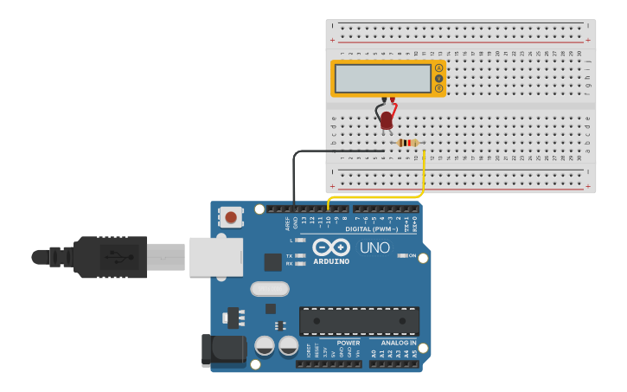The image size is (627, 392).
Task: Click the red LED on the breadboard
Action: tap(387, 119)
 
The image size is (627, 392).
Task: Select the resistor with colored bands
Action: tap(407, 143)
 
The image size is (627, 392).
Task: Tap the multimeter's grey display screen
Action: tap(382, 79)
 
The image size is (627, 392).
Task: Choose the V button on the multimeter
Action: tap(438, 78)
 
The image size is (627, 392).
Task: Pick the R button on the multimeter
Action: tap(438, 88)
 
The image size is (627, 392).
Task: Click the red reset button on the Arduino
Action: tap(231, 216)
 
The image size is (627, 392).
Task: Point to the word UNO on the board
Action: tap(374, 248)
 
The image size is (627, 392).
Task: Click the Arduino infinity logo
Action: tap(331, 247)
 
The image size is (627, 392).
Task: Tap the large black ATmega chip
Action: tap(359, 320)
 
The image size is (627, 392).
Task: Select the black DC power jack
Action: tap(223, 349)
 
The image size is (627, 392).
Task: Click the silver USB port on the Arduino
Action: tap(215, 257)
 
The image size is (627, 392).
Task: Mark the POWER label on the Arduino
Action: tap(349, 343)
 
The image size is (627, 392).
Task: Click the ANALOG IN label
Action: tap(399, 343)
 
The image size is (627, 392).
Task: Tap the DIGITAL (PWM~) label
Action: tap(370, 229)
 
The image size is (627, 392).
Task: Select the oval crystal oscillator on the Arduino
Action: tap(270, 288)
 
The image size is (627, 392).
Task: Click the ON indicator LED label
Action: tap(412, 255)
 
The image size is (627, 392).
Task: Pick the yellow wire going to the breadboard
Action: tap(423, 177)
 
